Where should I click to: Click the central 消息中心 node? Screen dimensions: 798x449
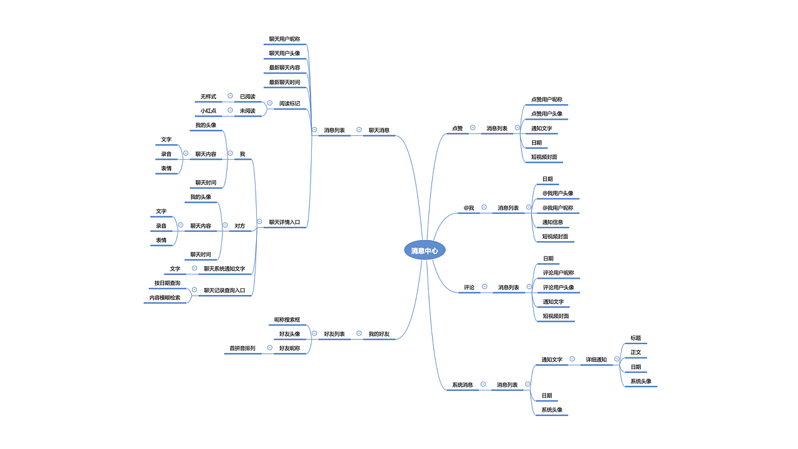tap(425, 251)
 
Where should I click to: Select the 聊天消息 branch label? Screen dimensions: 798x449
tap(378, 130)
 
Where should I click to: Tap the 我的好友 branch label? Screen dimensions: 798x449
tap(378, 334)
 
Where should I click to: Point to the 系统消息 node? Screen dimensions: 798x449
tap(463, 385)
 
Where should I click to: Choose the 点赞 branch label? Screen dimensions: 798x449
tap(458, 128)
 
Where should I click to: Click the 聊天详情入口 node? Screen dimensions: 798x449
tap(284, 222)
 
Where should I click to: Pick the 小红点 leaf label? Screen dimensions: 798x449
tap(208, 111)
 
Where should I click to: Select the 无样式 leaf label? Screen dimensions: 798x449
tap(208, 97)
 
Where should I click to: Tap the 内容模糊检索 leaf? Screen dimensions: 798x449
tap(165, 297)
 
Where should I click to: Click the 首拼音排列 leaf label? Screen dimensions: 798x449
tap(243, 348)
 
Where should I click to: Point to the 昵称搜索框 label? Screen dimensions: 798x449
tap(287, 320)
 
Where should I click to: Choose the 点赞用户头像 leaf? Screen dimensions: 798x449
tap(547, 113)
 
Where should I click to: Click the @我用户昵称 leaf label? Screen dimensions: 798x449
tap(558, 208)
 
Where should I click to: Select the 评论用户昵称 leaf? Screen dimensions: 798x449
tap(559, 273)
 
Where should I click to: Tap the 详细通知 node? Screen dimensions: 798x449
tap(597, 360)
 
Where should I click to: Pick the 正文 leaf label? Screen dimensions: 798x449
tap(636, 352)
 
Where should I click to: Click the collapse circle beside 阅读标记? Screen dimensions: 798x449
tap(270, 103)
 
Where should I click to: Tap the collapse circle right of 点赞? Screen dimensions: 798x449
tap(473, 128)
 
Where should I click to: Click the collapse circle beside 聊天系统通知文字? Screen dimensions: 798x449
tap(195, 268)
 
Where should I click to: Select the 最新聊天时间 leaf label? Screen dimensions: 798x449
tap(284, 82)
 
